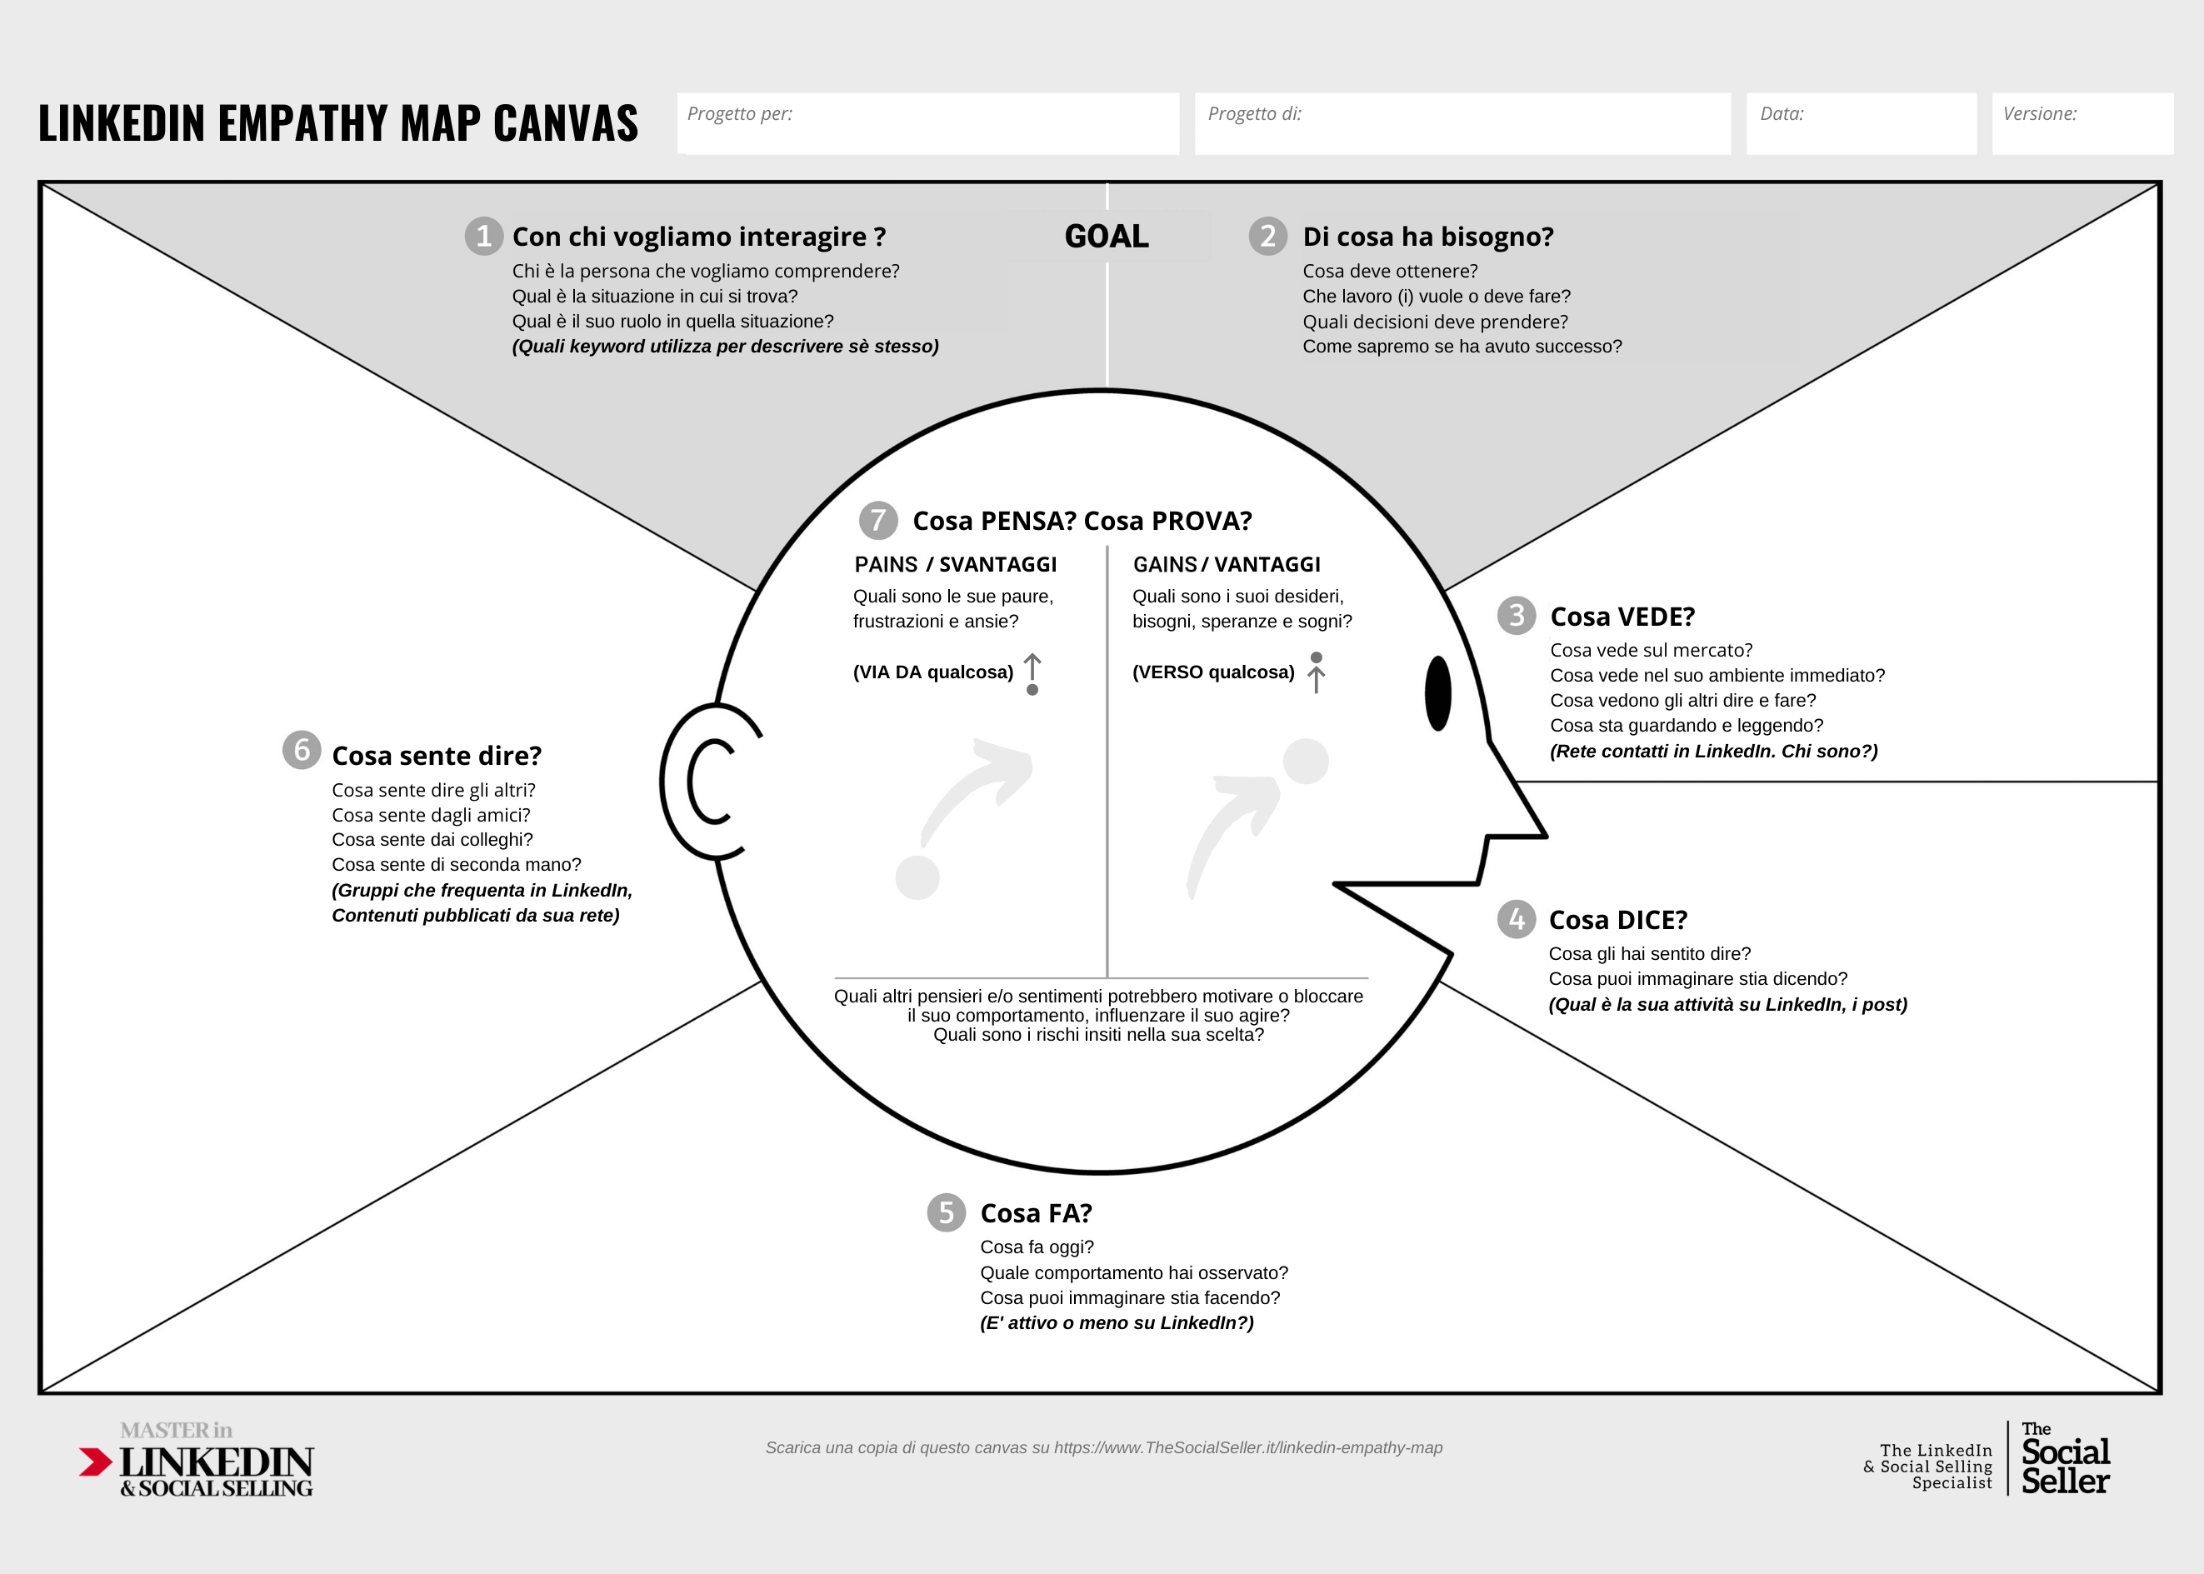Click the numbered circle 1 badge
483,237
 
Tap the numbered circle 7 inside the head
878,521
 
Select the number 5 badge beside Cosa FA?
946,1212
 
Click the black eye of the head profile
1438,693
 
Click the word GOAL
1107,237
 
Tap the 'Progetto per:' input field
928,123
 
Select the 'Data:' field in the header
1861,123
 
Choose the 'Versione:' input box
2082,123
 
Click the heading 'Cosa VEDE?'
1622,617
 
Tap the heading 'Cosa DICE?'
1617,920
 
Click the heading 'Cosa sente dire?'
436,756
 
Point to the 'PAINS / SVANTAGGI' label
956,565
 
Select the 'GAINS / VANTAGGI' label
1226,565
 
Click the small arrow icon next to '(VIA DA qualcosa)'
1032,673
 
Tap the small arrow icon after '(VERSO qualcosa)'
1317,672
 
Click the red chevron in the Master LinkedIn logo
96,1462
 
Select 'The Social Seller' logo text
2065,1459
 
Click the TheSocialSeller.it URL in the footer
1248,1448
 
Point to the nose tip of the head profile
1546,836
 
